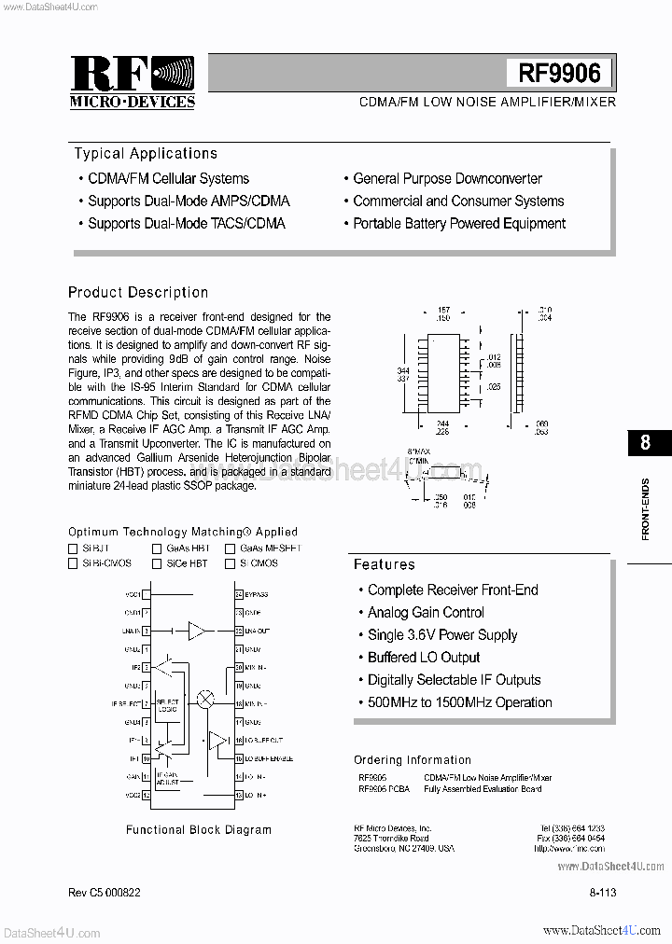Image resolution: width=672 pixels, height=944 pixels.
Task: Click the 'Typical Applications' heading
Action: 146,154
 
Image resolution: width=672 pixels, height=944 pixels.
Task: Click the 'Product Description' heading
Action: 138,293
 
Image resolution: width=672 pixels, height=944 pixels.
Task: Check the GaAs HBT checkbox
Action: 158,549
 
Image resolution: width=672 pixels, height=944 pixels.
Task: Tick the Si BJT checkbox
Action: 73,549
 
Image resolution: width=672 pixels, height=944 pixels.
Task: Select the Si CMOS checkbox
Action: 230,563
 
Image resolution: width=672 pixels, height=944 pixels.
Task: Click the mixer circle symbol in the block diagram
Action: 205,699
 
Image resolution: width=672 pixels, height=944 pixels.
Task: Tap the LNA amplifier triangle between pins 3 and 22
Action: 197,632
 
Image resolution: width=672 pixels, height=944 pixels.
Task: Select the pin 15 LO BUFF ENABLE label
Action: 268,758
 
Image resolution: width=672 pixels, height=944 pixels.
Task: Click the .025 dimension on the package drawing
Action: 493,386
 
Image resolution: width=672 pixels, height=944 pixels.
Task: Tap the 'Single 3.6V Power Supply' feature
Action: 441,635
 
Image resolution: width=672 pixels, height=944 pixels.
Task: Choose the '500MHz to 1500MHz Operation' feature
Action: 459,702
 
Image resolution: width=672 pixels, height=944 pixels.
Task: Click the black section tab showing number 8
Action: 645,442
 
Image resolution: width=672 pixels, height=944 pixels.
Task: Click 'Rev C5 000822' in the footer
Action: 105,893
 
